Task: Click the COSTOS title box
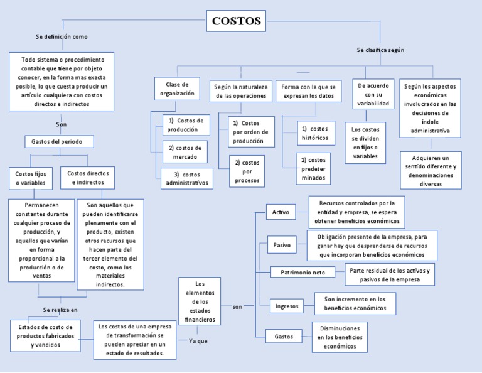[236, 21]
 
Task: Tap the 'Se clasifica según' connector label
[380, 50]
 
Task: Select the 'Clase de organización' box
[177, 89]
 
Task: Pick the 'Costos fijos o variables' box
[31, 178]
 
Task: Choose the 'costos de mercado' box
[185, 151]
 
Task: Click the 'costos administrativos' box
[186, 178]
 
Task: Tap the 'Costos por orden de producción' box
[251, 132]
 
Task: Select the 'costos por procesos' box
[247, 171]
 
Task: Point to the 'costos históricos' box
[314, 133]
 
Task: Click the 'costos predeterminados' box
[313, 169]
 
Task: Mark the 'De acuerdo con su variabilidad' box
[373, 94]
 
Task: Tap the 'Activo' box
[281, 212]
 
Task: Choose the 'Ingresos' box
[287, 306]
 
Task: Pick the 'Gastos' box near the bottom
[284, 337]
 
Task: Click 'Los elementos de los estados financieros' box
[200, 301]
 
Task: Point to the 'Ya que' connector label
[198, 341]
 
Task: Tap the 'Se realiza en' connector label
[60, 310]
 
